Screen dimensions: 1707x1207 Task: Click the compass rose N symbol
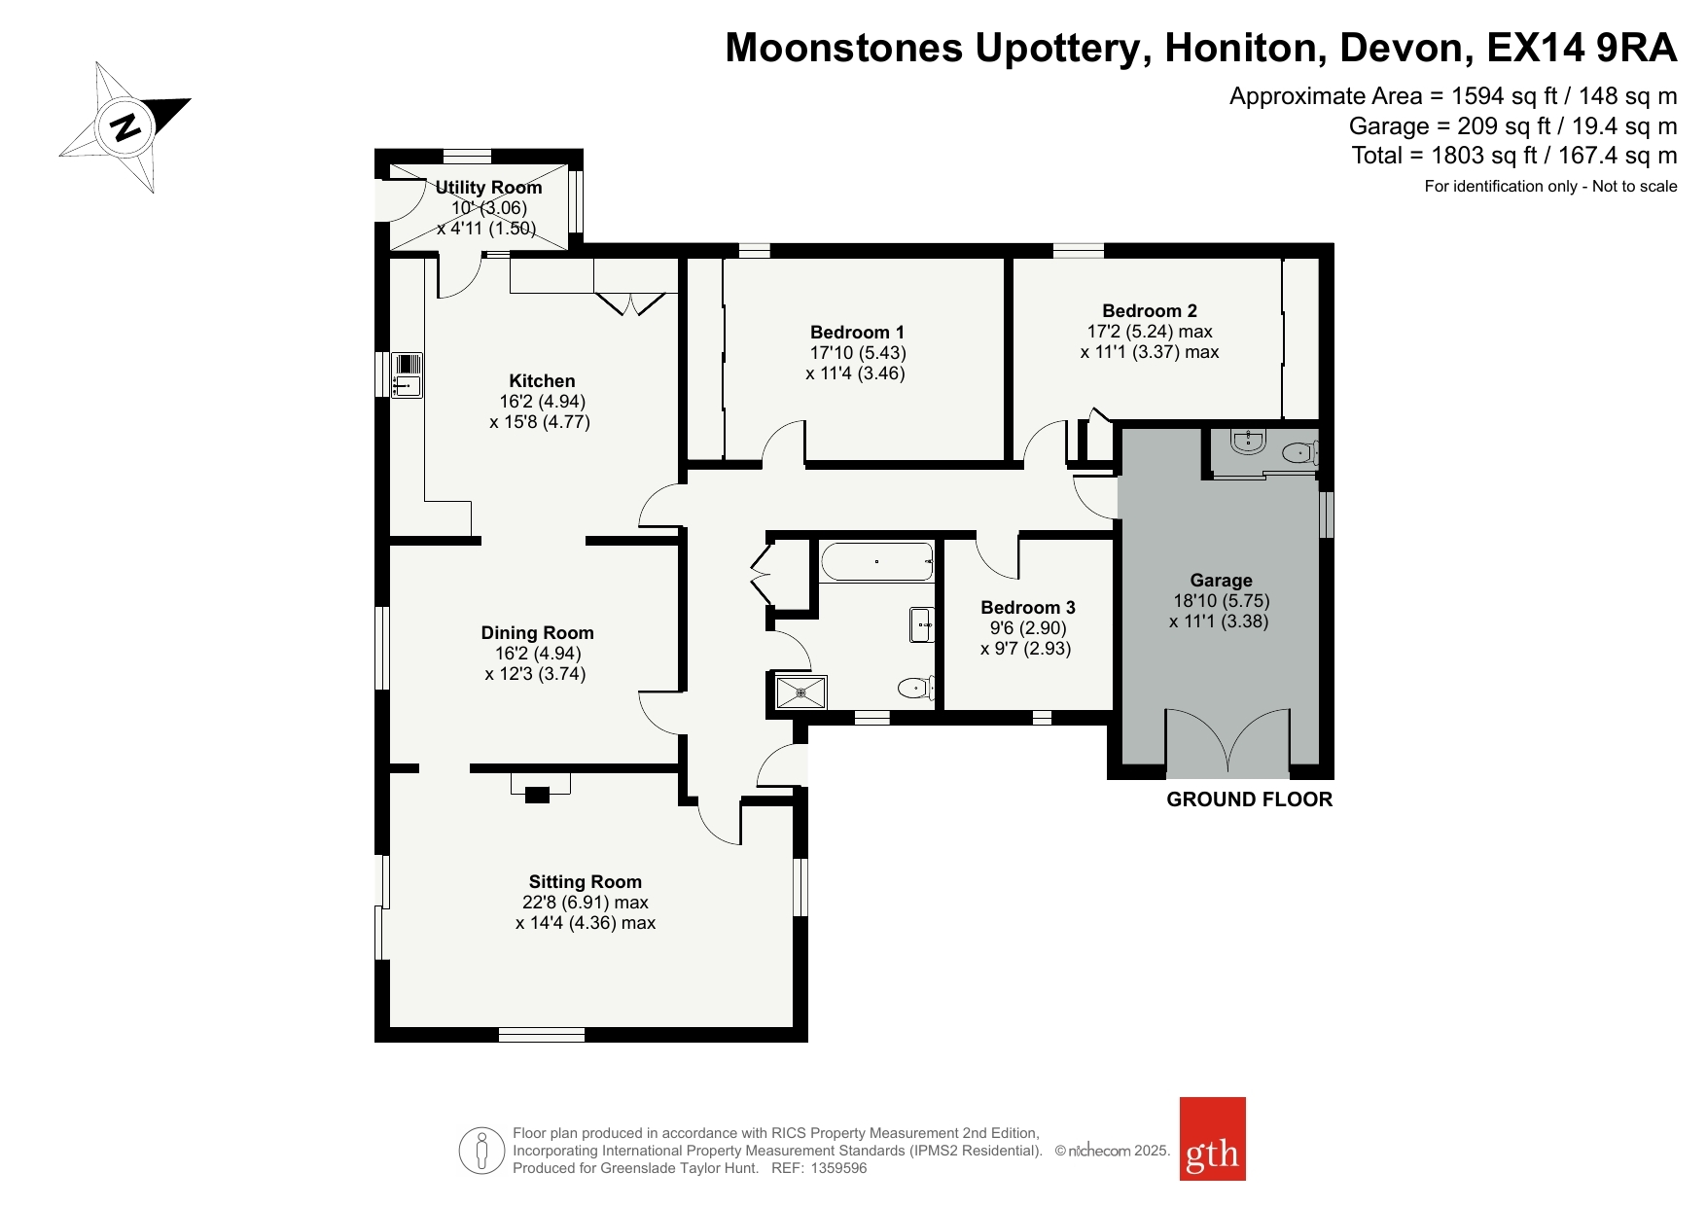click(x=125, y=126)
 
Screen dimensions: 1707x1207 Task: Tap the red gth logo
click(x=1212, y=1138)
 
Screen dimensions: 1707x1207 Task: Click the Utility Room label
click(x=488, y=188)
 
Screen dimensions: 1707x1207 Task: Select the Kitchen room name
click(x=542, y=381)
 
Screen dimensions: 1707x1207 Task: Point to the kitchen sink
click(x=408, y=374)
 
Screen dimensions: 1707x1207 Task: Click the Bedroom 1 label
click(x=857, y=333)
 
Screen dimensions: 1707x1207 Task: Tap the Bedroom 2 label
click(x=1150, y=311)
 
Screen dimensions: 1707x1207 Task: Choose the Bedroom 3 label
click(x=1028, y=608)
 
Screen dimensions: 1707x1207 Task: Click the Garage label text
click(x=1221, y=581)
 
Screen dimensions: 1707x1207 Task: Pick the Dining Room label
click(x=537, y=633)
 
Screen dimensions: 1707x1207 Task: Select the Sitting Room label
click(x=586, y=882)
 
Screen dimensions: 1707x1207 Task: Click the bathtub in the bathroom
click(x=876, y=562)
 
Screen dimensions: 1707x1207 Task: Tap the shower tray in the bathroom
click(x=801, y=692)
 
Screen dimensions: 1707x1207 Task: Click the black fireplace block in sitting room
click(x=537, y=796)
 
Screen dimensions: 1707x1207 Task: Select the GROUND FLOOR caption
click(x=1250, y=799)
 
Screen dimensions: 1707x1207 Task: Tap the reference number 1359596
click(x=837, y=1168)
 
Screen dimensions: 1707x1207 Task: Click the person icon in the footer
click(x=481, y=1151)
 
